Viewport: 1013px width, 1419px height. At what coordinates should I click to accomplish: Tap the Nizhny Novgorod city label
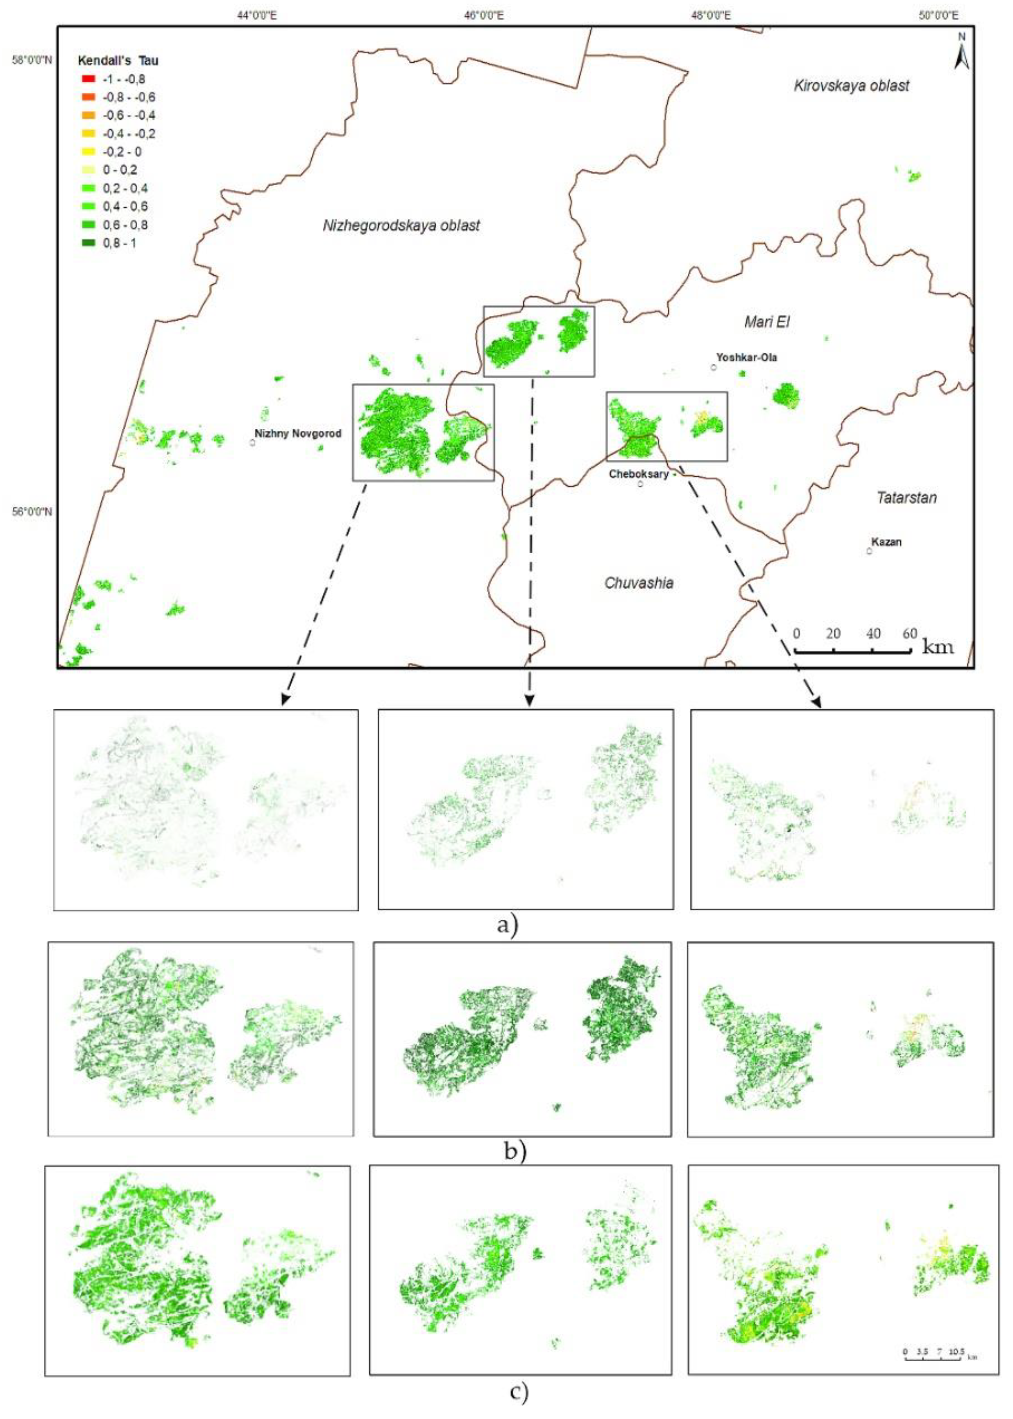click(x=297, y=433)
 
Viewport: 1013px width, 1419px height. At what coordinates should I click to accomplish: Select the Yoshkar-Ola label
click(x=747, y=357)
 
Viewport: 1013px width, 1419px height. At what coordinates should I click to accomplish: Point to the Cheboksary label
click(x=639, y=474)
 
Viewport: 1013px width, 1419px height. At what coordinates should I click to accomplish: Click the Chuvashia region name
click(x=639, y=583)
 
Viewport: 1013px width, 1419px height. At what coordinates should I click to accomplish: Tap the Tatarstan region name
click(x=906, y=498)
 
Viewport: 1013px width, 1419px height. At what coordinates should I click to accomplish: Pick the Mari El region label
click(x=767, y=322)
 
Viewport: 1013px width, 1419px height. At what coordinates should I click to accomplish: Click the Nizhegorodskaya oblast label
click(x=401, y=225)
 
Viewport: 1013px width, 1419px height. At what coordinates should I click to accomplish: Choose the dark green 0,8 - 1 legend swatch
click(x=88, y=243)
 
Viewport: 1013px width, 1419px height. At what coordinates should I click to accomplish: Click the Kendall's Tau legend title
click(x=118, y=61)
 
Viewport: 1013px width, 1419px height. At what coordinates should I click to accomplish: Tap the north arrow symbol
click(x=961, y=52)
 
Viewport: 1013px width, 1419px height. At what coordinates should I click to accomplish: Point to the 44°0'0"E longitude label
click(x=257, y=15)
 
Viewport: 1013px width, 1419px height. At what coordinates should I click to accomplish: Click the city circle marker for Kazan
click(x=869, y=551)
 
